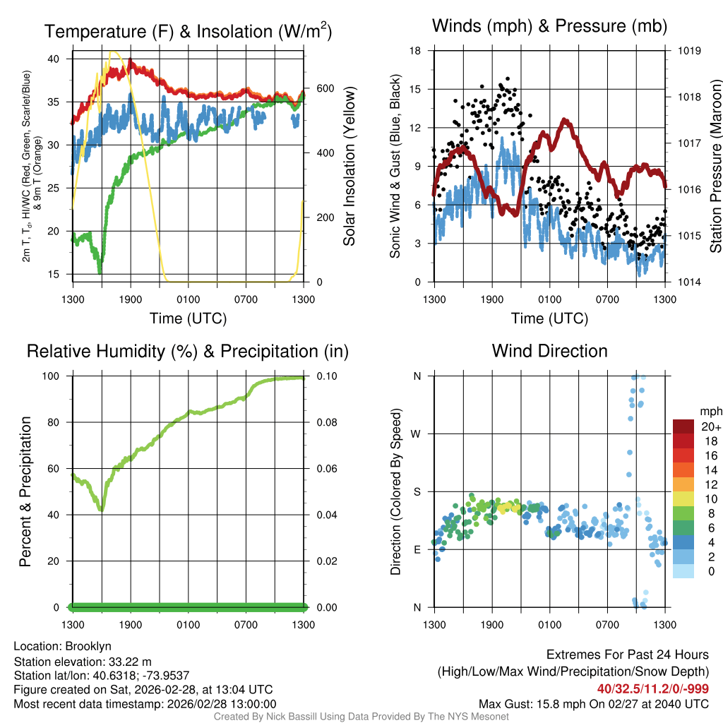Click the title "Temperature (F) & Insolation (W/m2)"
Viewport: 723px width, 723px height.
(188, 31)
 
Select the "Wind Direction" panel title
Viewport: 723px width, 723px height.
(549, 351)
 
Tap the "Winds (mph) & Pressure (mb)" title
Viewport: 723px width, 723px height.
(549, 27)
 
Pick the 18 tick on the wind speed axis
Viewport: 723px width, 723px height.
(415, 51)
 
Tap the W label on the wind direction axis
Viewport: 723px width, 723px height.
(417, 434)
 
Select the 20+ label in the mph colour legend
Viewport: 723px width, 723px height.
(710, 427)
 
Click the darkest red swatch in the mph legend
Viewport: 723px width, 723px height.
(684, 426)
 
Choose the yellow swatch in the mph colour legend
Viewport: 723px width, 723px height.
(684, 498)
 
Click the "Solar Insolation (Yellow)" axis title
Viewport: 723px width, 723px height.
(349, 167)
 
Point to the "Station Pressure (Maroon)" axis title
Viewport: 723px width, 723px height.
(715, 167)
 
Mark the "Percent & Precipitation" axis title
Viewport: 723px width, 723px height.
(25, 491)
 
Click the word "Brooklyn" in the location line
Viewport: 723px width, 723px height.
(88, 646)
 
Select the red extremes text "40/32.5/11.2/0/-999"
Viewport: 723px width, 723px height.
(652, 689)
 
